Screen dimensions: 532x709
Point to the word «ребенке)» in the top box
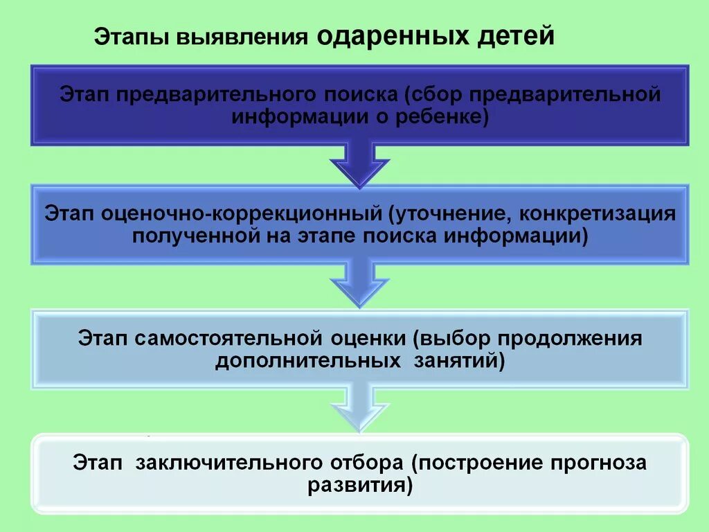451,118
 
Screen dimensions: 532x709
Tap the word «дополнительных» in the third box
307,362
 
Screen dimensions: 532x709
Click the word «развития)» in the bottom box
360,485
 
